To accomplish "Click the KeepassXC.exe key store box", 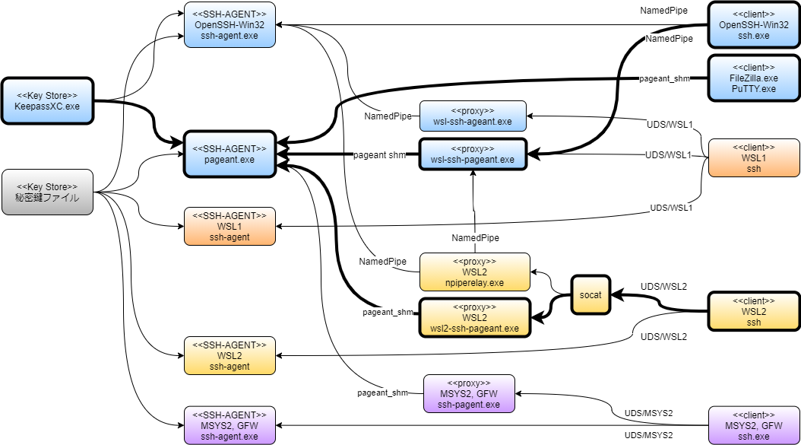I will pos(46,100).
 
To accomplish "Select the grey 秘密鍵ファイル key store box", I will pos(46,192).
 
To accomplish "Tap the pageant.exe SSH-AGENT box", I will pos(230,154).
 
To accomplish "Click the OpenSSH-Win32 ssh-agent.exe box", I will pos(230,24).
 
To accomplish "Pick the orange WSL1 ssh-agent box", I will pos(230,226).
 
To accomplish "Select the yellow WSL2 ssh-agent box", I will pos(230,355).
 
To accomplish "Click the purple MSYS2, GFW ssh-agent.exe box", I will pos(230,425).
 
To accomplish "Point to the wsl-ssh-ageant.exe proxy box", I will pos(473,116).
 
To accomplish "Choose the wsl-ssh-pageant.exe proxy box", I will pos(473,154).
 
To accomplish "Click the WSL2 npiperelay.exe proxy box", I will pos(474,272).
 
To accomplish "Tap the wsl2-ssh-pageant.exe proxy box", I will pos(474,317).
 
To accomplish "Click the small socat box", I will pos(591,294).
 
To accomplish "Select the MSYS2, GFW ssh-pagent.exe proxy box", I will pos(469,393).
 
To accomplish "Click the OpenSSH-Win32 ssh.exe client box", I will pos(753,24).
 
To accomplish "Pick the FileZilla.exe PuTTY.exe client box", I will pos(753,78).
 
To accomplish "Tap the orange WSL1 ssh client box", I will pos(753,157).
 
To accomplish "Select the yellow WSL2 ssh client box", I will pos(753,311).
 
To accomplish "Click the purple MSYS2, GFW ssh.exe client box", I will pos(753,425).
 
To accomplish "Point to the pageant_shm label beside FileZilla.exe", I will pos(663,78).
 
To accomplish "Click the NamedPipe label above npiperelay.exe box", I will pos(475,238).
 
